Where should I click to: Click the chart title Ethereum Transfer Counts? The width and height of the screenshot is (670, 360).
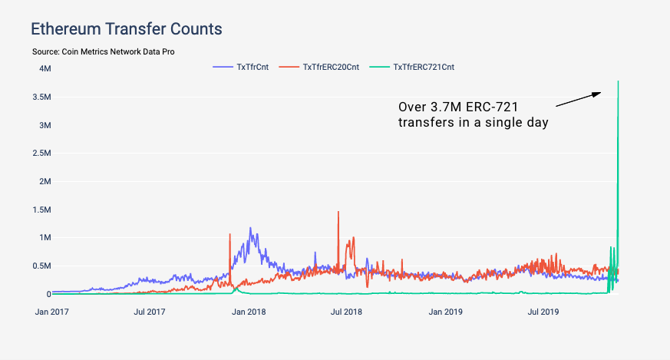(126, 29)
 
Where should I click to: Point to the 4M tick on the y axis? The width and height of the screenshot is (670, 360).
(45, 68)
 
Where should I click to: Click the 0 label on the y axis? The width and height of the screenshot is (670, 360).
(48, 294)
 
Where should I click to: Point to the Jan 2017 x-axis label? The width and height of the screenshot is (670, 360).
(51, 312)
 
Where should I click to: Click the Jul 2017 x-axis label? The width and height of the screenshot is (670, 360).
(149, 312)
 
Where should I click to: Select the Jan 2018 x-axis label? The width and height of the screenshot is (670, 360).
(248, 312)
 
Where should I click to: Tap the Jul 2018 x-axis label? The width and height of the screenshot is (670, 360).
(346, 312)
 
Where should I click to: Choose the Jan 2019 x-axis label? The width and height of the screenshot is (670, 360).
(445, 312)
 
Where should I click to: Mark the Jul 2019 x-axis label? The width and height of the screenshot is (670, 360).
(543, 312)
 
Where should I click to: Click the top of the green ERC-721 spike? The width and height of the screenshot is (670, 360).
(618, 81)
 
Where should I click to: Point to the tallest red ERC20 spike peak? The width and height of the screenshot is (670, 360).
(338, 212)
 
